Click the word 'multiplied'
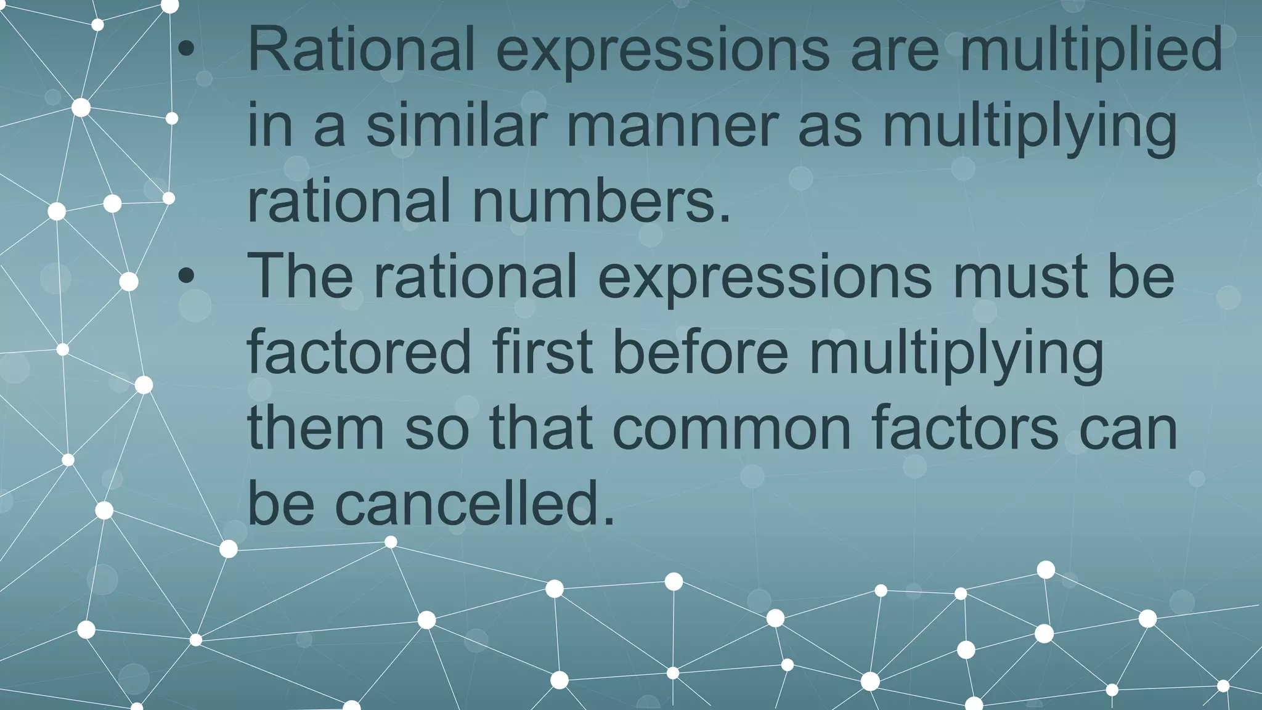tap(1091, 51)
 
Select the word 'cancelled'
tap(474, 505)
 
